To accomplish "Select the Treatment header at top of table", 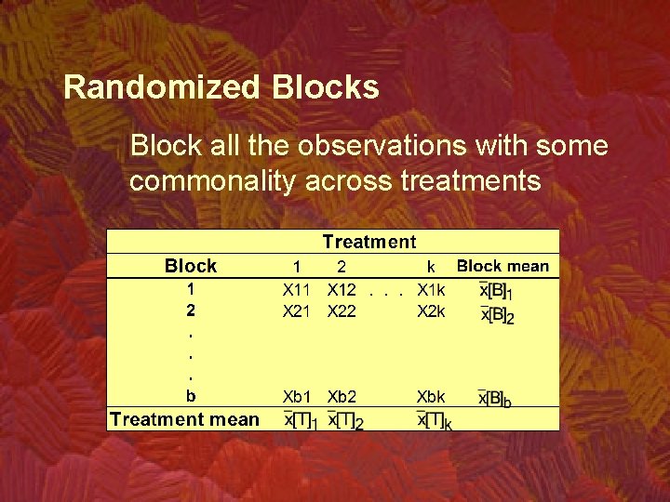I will coord(369,242).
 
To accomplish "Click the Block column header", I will coord(191,266).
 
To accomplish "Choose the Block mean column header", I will coord(502,266).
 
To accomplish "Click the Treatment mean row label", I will coord(184,419).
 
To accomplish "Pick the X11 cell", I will coord(296,290).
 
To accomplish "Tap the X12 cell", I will coord(342,290).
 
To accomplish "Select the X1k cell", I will coord(432,290).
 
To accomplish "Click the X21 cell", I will coord(296,311).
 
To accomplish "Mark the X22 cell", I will coord(342,311).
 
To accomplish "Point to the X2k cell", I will coord(432,311).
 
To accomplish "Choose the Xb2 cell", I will coord(342,397).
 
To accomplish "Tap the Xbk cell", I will coord(432,397).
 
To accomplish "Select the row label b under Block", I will coord(191,397).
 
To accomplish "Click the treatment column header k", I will coord(431,267).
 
